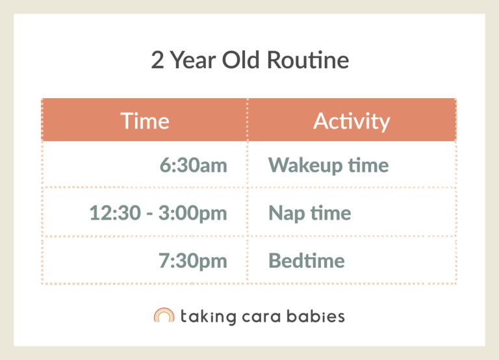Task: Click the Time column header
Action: pos(144,121)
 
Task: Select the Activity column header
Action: pos(352,121)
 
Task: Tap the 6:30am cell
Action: pos(193,165)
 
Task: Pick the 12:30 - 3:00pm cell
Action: pos(158,213)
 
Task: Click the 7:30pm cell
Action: pos(193,261)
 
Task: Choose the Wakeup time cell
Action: pos(328,165)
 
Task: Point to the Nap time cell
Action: pos(309,213)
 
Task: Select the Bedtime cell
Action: pos(306,261)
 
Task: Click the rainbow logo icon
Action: pos(164,316)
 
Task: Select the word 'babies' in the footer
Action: pos(317,316)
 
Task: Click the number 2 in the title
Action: pos(157,60)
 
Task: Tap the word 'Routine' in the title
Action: pos(308,60)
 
